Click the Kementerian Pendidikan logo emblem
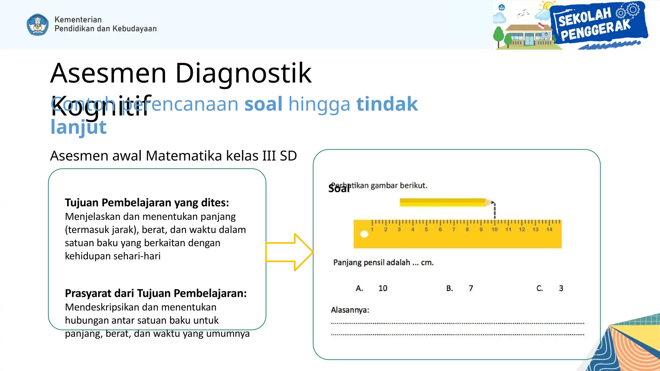coord(38,24)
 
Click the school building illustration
coord(529,35)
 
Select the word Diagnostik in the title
coord(243,73)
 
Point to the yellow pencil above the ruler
coord(445,202)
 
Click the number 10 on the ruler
coord(494,229)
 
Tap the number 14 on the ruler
coord(549,229)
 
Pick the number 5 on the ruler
coord(426,229)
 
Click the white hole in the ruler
coord(364,234)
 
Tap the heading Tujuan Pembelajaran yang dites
coord(147,203)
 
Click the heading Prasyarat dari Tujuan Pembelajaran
coord(156,293)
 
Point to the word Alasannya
coord(350,310)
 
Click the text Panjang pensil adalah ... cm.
coord(383,262)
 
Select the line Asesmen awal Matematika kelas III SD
coord(173,156)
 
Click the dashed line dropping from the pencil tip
coord(495,211)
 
